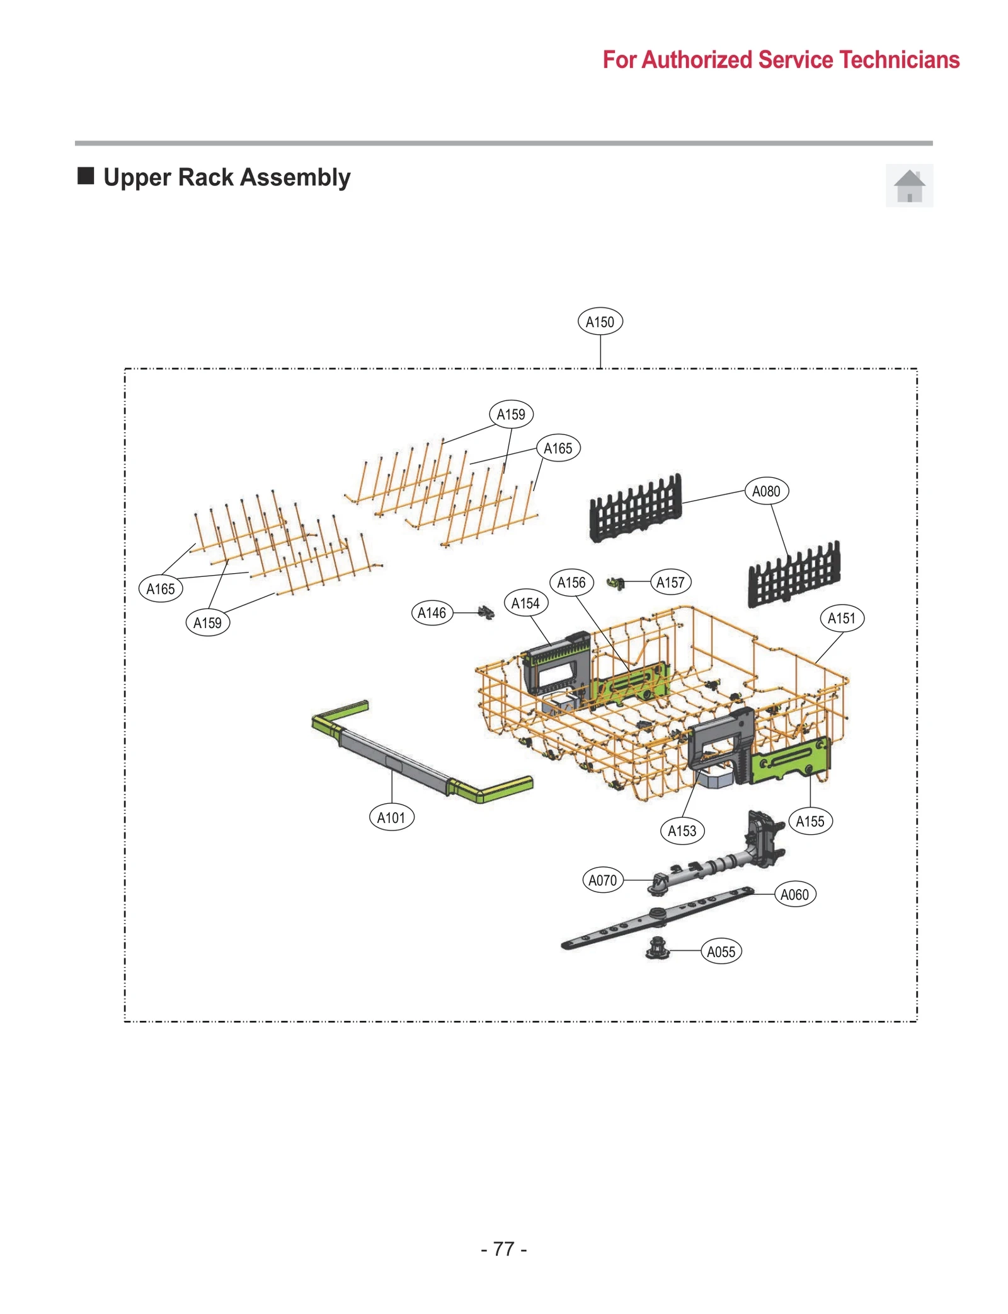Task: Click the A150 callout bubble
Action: pos(600,322)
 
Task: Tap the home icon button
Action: pos(908,186)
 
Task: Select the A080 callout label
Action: pos(765,491)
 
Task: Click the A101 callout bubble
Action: pos(391,818)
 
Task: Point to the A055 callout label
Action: pos(721,951)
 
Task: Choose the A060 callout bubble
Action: pos(794,894)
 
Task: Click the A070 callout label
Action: pos(602,880)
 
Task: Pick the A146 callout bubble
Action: pos(432,613)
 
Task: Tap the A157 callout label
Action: pos(670,583)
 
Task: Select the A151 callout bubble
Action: pos(841,618)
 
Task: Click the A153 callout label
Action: pos(682,831)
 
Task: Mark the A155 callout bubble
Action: pos(810,822)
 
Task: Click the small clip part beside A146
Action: pos(486,612)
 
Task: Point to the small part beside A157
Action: pos(616,583)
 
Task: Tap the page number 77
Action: pos(503,1249)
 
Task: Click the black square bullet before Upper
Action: pos(86,176)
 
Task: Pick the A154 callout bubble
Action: pos(525,603)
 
